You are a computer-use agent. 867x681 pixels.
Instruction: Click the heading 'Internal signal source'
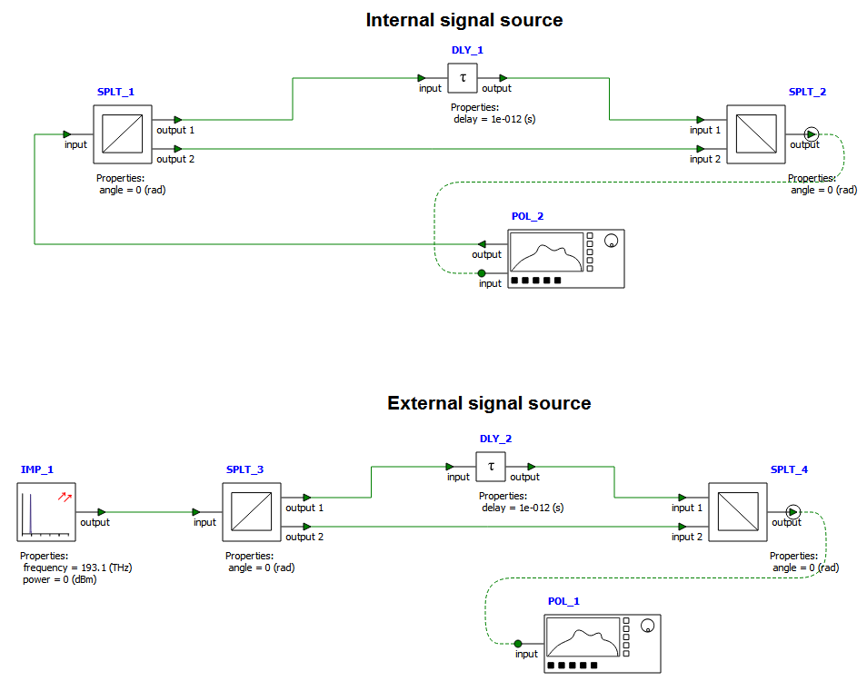click(x=464, y=20)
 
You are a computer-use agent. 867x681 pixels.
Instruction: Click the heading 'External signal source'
click(x=489, y=403)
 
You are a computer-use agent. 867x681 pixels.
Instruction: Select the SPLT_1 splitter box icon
click(x=122, y=133)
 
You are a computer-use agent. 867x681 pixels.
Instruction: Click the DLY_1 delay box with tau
click(x=463, y=78)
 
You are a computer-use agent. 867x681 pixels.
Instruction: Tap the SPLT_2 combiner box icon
click(x=755, y=133)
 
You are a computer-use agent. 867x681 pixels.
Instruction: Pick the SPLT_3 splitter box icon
click(x=252, y=511)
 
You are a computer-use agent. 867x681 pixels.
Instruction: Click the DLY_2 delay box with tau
click(x=491, y=467)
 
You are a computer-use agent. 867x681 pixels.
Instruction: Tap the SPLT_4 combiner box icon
click(x=737, y=511)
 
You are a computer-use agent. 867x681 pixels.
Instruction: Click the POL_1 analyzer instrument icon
click(x=603, y=644)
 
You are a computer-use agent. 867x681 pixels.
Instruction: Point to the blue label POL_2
click(x=528, y=216)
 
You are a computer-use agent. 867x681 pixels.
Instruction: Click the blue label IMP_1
click(x=37, y=469)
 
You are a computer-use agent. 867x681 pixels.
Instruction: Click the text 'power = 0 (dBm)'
click(x=59, y=579)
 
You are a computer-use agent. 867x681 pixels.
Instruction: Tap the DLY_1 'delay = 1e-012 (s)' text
click(x=494, y=119)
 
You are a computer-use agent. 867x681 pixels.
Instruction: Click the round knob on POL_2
click(x=612, y=241)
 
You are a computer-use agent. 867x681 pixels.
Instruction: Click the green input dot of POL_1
click(x=518, y=643)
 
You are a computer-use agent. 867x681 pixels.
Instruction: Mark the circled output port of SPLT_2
click(x=812, y=133)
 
